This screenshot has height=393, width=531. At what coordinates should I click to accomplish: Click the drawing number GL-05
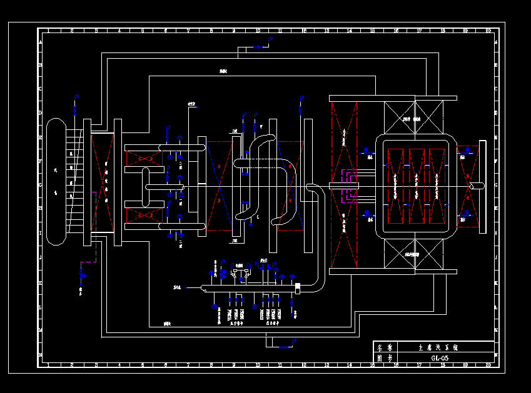pos(440,358)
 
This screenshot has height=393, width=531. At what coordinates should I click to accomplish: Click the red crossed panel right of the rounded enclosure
pos(466,186)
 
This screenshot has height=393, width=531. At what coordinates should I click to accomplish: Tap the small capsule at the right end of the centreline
pos(477,186)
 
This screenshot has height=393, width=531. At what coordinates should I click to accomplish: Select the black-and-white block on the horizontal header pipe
pos(298,287)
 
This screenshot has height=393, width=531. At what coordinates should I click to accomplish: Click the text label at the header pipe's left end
pos(178,287)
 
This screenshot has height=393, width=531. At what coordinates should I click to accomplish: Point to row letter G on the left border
pos(41,186)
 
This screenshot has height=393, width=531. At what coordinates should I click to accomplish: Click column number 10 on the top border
pos(258,31)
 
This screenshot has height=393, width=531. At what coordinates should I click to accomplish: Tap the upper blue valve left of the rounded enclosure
pos(367,151)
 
